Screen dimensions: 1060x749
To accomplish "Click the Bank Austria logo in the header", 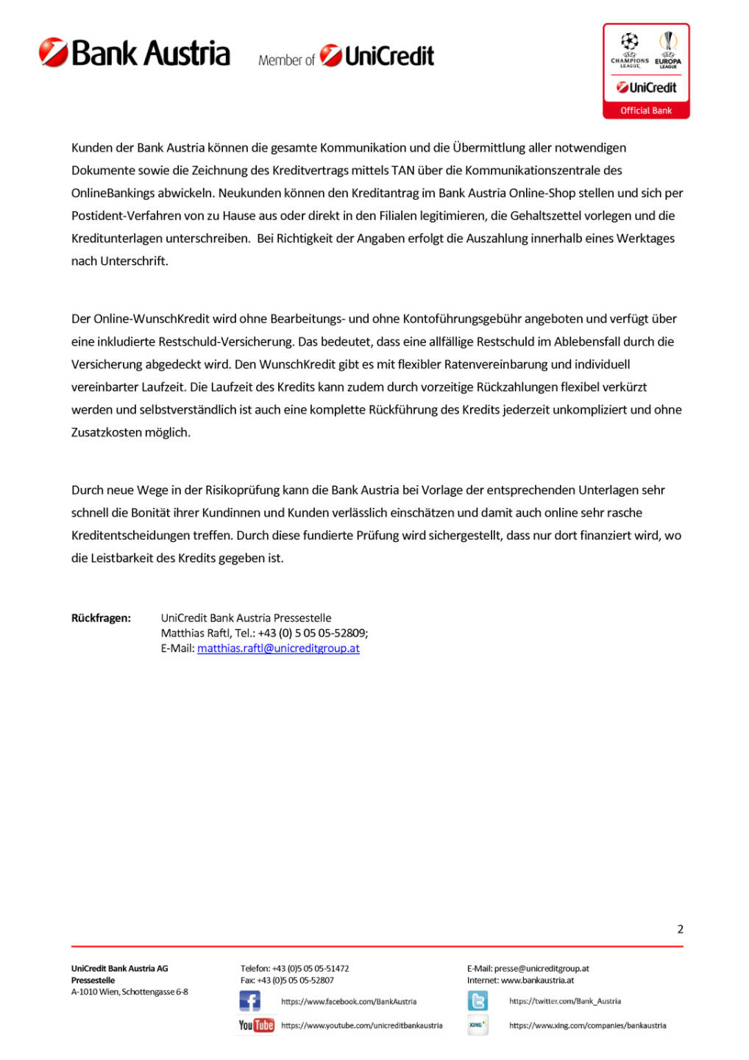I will point(135,54).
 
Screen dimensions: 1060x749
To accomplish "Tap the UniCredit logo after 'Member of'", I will point(377,56).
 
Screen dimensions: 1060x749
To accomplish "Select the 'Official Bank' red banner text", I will point(646,111).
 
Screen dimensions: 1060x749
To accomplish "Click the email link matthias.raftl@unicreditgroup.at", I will point(278,649).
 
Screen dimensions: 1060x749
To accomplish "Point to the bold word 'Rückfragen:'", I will point(101,618).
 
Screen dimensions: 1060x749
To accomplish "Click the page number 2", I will point(680,929).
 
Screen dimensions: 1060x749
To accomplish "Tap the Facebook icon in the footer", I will point(250,1001).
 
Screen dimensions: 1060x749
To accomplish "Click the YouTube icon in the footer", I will point(256,1025).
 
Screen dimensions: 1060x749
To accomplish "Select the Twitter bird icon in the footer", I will point(478,1001).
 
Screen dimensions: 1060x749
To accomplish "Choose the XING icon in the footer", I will point(478,1025).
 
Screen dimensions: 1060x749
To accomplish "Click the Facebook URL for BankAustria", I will point(349,1002).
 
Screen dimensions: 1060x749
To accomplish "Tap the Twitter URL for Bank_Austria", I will point(565,1001).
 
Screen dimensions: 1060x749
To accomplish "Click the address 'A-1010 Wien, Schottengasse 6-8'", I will point(129,992).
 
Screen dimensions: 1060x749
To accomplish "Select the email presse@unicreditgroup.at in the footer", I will point(542,969).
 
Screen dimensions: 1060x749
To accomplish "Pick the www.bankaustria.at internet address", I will point(537,981).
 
